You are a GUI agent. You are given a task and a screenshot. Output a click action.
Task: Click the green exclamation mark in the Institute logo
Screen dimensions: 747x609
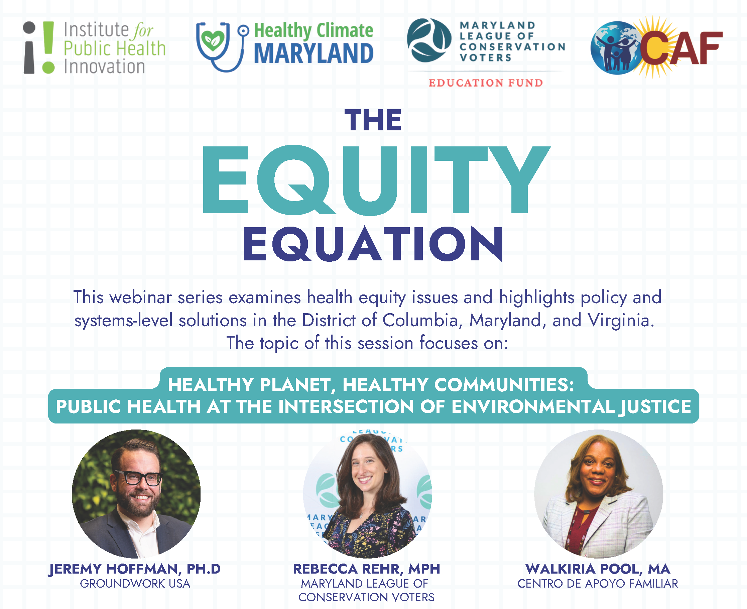click(48, 47)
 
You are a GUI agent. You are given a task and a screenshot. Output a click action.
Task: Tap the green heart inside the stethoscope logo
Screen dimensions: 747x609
click(213, 41)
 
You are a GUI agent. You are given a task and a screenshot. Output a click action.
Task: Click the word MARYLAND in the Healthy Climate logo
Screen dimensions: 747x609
click(314, 53)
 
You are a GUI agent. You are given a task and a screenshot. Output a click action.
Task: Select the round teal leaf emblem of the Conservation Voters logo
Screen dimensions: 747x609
click(429, 40)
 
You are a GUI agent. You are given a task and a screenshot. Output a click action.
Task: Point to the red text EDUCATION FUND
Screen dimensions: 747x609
click(486, 83)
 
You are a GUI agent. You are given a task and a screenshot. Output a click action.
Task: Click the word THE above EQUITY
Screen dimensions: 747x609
click(373, 120)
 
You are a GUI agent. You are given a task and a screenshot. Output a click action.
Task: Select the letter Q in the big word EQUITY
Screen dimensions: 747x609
click(297, 179)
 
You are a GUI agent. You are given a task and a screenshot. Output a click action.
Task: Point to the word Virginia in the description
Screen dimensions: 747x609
click(621, 320)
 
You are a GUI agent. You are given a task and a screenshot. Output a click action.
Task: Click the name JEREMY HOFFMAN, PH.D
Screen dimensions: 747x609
click(135, 569)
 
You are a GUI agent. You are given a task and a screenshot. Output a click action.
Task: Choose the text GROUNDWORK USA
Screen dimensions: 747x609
click(135, 584)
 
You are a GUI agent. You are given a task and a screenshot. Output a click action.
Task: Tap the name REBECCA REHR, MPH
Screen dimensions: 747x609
click(367, 569)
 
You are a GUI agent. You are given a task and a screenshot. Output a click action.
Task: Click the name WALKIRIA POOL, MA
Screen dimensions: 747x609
click(598, 569)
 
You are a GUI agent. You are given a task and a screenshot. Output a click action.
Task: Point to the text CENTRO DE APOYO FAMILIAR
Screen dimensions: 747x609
click(598, 584)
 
